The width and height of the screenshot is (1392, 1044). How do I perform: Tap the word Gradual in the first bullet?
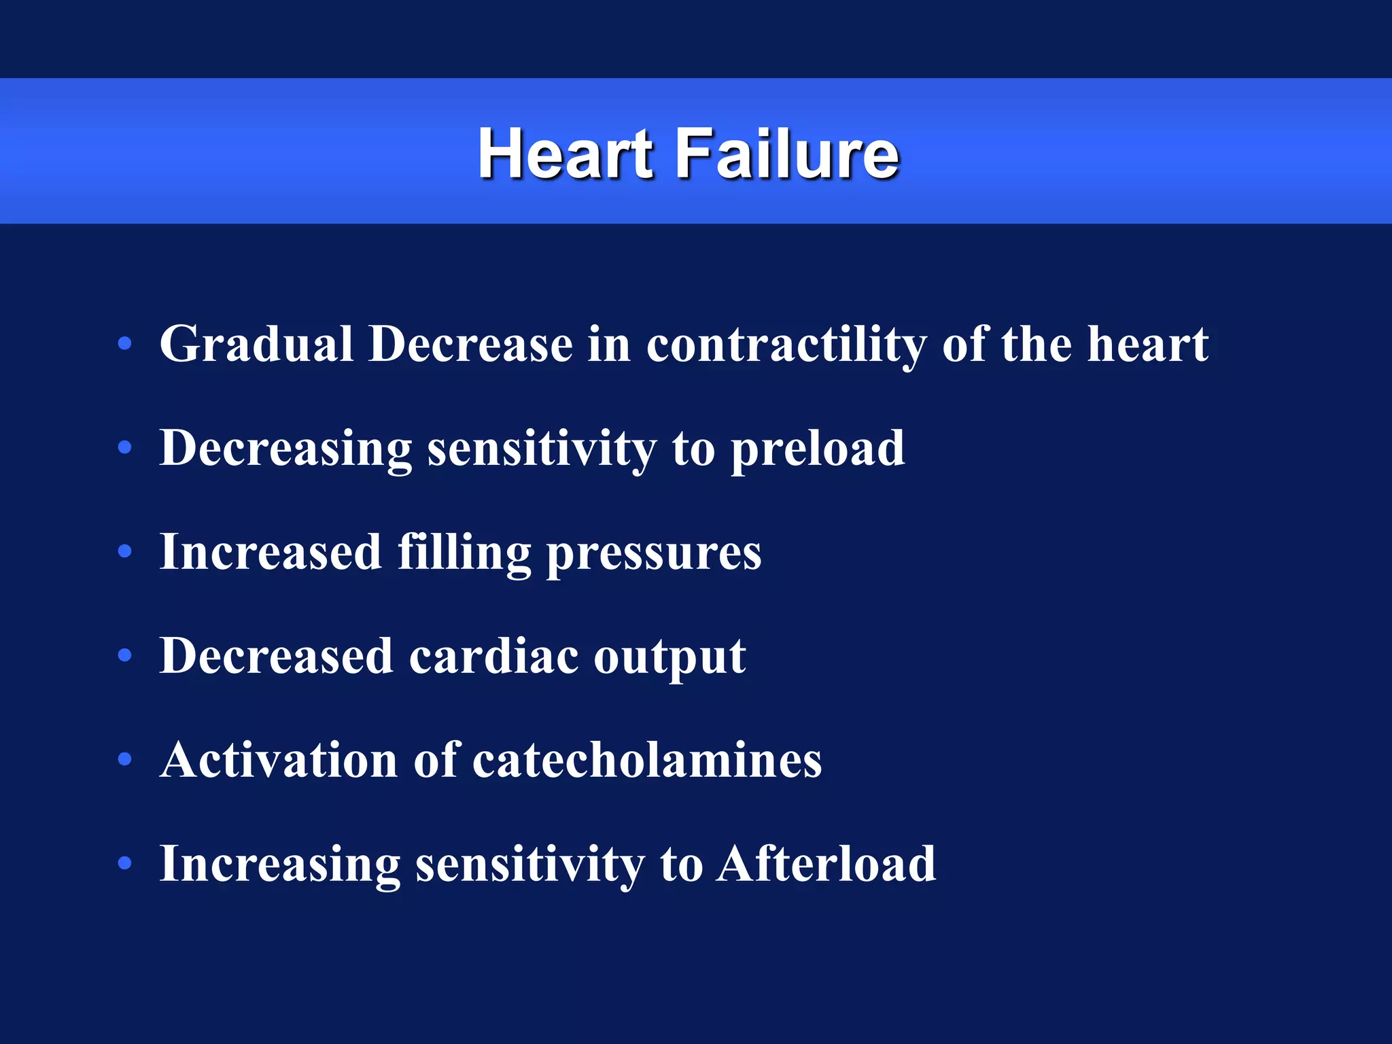tap(256, 344)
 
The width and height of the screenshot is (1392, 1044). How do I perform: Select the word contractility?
tap(786, 345)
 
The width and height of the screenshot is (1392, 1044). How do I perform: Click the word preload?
tap(818, 450)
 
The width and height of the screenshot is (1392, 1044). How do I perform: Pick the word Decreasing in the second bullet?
tap(285, 450)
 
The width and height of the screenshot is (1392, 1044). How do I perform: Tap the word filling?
tap(464, 553)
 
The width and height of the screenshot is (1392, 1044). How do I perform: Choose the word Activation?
tap(279, 760)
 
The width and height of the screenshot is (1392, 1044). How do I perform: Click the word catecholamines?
tap(647, 760)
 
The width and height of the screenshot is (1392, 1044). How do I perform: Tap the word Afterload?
tap(826, 864)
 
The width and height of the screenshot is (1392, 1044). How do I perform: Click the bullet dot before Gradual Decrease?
tap(124, 344)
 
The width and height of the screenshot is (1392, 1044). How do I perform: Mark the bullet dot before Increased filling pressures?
tap(124, 552)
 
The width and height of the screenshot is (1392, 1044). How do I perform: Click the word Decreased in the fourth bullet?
tap(277, 657)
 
